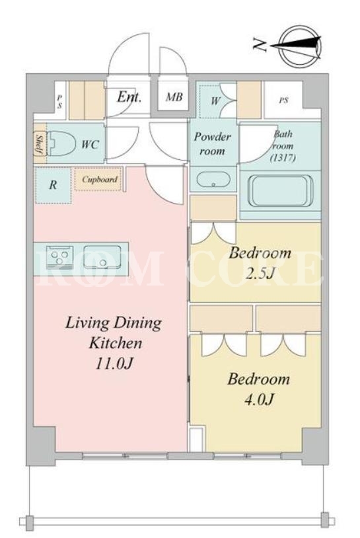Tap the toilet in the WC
[x=61, y=144]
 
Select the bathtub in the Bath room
[x=282, y=191]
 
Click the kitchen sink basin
[x=102, y=256]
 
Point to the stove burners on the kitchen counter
[x=59, y=256]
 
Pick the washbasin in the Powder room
[x=213, y=180]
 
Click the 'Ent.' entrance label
[x=129, y=97]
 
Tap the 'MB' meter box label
[x=174, y=97]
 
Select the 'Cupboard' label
[x=100, y=180]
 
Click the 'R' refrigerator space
[x=53, y=185]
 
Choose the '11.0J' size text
[x=114, y=364]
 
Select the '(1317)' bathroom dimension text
[x=283, y=158]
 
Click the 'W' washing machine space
[x=215, y=101]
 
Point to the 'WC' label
[x=90, y=144]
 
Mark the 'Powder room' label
[x=213, y=144]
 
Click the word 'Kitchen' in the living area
[x=116, y=343]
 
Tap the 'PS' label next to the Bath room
[x=283, y=100]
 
